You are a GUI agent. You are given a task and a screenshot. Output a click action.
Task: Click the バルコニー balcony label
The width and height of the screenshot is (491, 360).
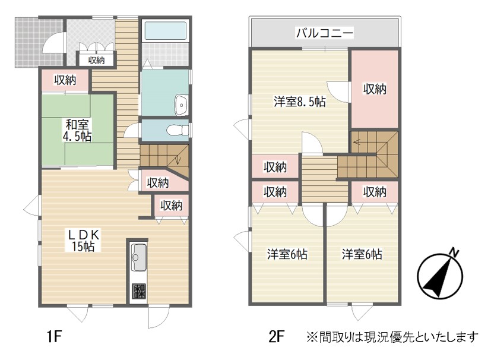click(x=325, y=33)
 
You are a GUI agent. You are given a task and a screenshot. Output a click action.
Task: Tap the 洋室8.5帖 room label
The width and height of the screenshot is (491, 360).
click(x=300, y=102)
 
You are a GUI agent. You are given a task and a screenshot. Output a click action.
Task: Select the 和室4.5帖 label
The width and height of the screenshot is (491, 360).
click(x=77, y=130)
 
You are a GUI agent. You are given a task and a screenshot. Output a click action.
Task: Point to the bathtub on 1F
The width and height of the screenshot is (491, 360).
click(x=166, y=30)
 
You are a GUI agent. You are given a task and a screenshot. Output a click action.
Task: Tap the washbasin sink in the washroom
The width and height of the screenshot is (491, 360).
click(x=181, y=105)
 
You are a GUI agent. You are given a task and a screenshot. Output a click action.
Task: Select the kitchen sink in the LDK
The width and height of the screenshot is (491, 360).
click(x=139, y=257)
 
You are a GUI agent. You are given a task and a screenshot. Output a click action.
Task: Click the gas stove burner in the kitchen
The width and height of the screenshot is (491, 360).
click(x=138, y=291)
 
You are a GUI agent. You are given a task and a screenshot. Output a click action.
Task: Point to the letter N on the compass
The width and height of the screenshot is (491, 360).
click(x=454, y=252)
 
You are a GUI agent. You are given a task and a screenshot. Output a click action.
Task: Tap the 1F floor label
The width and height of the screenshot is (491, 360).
click(x=54, y=337)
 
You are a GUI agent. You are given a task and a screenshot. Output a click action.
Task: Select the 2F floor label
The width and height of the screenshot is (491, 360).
click(x=277, y=337)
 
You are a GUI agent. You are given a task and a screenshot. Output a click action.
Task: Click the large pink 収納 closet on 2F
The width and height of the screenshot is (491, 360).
click(x=375, y=89)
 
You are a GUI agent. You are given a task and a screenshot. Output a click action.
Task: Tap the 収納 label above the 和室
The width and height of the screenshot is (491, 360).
click(x=65, y=80)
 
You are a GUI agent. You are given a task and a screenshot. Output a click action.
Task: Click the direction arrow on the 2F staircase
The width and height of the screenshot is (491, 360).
click(x=359, y=142)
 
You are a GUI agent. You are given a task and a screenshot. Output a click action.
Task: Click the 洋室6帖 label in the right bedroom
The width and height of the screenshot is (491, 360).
click(x=362, y=254)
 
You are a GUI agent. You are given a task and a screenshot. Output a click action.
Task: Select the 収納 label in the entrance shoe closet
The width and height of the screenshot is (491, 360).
click(x=96, y=60)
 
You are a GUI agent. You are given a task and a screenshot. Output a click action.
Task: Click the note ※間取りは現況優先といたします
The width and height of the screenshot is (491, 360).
click(x=392, y=337)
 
